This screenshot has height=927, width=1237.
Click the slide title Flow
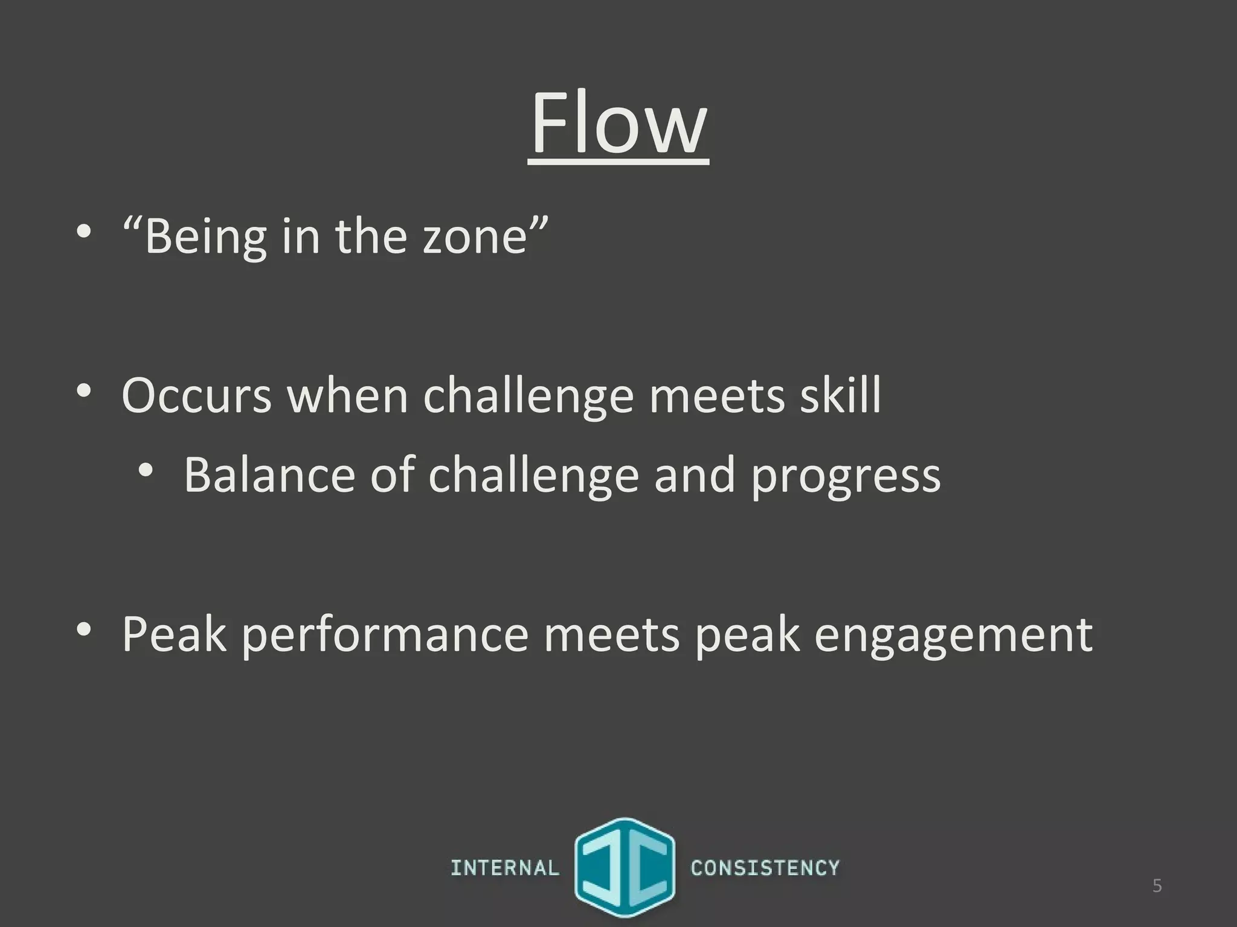(x=618, y=124)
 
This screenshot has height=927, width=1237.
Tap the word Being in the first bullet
(x=205, y=237)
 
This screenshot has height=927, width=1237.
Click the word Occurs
(x=197, y=395)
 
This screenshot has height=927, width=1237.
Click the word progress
(x=846, y=477)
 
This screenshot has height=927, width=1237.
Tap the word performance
(x=385, y=635)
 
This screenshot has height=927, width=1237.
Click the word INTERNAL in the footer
(x=505, y=868)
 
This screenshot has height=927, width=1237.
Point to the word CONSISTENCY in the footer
(x=765, y=868)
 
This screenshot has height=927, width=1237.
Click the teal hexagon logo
(x=625, y=867)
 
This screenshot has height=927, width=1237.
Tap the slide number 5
(x=1157, y=886)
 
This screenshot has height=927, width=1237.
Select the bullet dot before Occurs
(x=84, y=390)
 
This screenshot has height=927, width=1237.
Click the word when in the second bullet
(x=348, y=395)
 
